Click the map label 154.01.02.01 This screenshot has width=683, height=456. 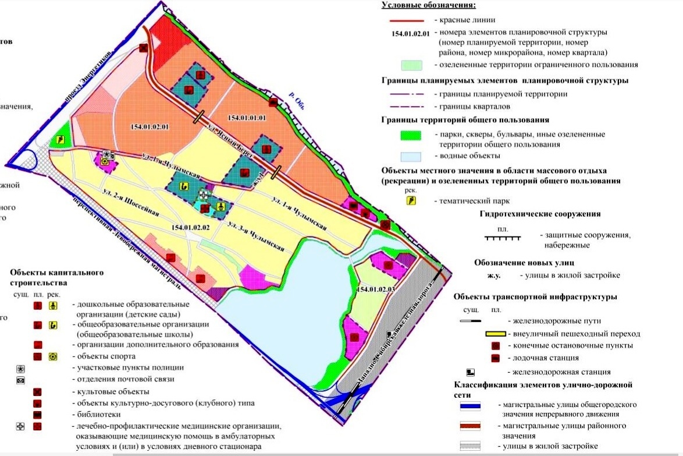point(150,126)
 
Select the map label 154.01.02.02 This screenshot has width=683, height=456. point(191,227)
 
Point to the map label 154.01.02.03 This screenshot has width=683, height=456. point(376,289)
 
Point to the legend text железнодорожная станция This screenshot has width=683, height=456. point(559,372)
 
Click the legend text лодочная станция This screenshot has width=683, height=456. point(542,358)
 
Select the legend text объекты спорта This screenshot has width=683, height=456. point(103,356)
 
